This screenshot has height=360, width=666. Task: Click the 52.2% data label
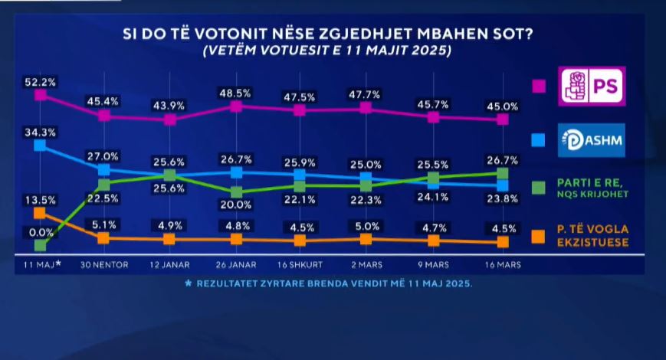(x=41, y=81)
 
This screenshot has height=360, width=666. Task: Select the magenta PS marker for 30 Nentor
(x=104, y=116)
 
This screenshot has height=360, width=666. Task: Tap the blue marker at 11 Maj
(x=41, y=145)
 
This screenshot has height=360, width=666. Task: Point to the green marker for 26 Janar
(x=236, y=191)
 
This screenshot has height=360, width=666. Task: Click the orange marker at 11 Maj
(x=41, y=213)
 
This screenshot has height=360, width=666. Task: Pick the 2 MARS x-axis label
(x=366, y=264)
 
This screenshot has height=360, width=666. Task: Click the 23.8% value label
(x=503, y=198)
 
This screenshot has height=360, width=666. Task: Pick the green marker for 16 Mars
(x=503, y=173)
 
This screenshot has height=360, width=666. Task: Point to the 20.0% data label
(x=236, y=205)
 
